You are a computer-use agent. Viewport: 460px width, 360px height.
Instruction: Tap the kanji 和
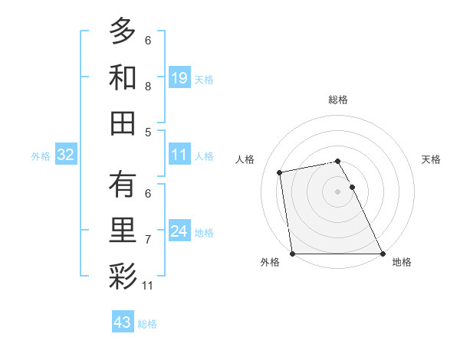coord(123,77)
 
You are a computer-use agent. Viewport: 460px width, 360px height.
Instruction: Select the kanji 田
coord(123,123)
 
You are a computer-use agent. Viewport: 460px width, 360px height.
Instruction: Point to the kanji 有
coord(123,185)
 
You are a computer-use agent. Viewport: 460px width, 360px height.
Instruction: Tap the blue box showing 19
coord(179,77)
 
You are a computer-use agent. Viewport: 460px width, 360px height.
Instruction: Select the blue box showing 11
coord(179,155)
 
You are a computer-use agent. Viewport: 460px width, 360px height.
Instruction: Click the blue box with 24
coord(179,231)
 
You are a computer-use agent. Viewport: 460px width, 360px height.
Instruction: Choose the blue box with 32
coord(66,155)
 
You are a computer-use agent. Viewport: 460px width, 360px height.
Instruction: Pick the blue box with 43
coord(122,322)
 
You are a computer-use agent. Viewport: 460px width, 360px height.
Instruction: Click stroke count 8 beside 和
coord(148,86)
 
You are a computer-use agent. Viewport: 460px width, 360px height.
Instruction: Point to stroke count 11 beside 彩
coord(148,286)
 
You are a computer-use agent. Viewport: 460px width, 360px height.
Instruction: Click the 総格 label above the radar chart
coord(337,100)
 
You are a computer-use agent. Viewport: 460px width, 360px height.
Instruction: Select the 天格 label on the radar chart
coord(431,159)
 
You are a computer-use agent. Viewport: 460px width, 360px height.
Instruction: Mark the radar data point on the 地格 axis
coord(382,253)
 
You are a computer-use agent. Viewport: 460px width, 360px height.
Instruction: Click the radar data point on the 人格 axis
coord(281,172)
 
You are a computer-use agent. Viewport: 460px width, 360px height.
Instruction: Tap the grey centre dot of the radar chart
coord(337,191)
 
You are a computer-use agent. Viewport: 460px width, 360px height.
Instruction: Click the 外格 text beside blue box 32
coord(41,155)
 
